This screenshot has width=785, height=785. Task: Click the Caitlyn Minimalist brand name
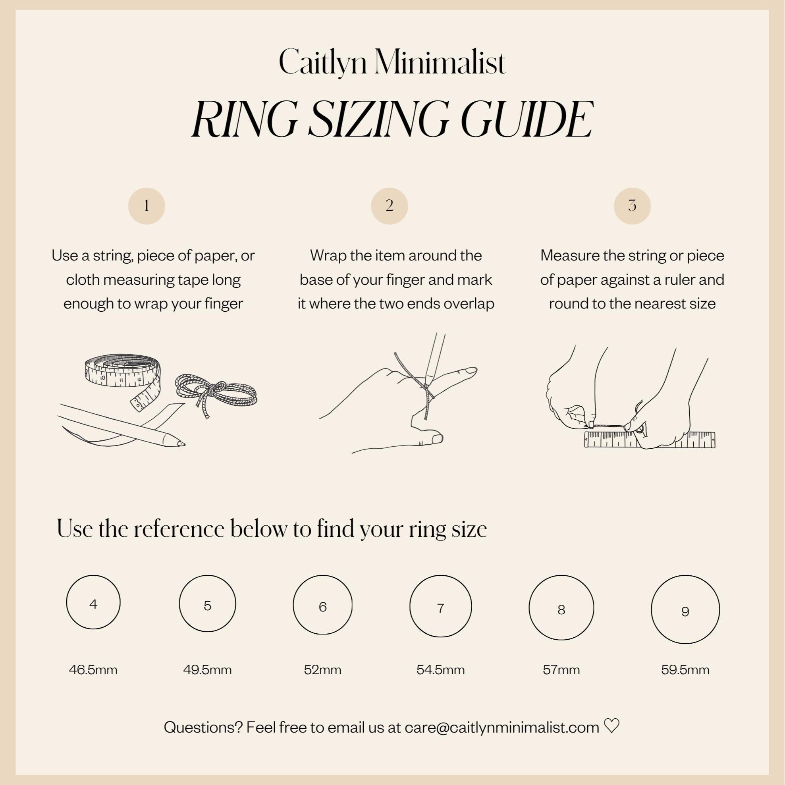pyautogui.click(x=392, y=62)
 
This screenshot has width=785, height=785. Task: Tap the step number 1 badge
pyautogui.click(x=146, y=206)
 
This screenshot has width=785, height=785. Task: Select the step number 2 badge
pyautogui.click(x=389, y=206)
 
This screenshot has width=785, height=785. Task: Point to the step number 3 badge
pyautogui.click(x=632, y=206)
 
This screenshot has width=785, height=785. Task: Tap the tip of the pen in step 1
pyautogui.click(x=184, y=444)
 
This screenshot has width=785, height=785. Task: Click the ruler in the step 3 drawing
pyautogui.click(x=650, y=440)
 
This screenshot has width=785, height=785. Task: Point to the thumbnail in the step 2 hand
pyautogui.click(x=437, y=438)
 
